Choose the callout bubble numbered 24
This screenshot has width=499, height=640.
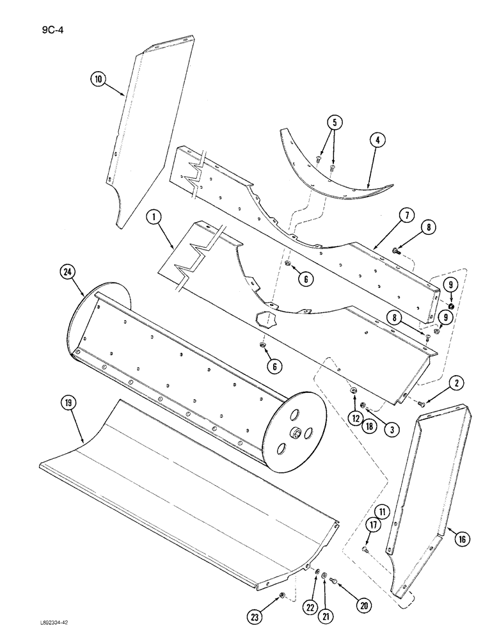(68, 272)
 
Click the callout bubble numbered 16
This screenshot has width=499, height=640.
(462, 539)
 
